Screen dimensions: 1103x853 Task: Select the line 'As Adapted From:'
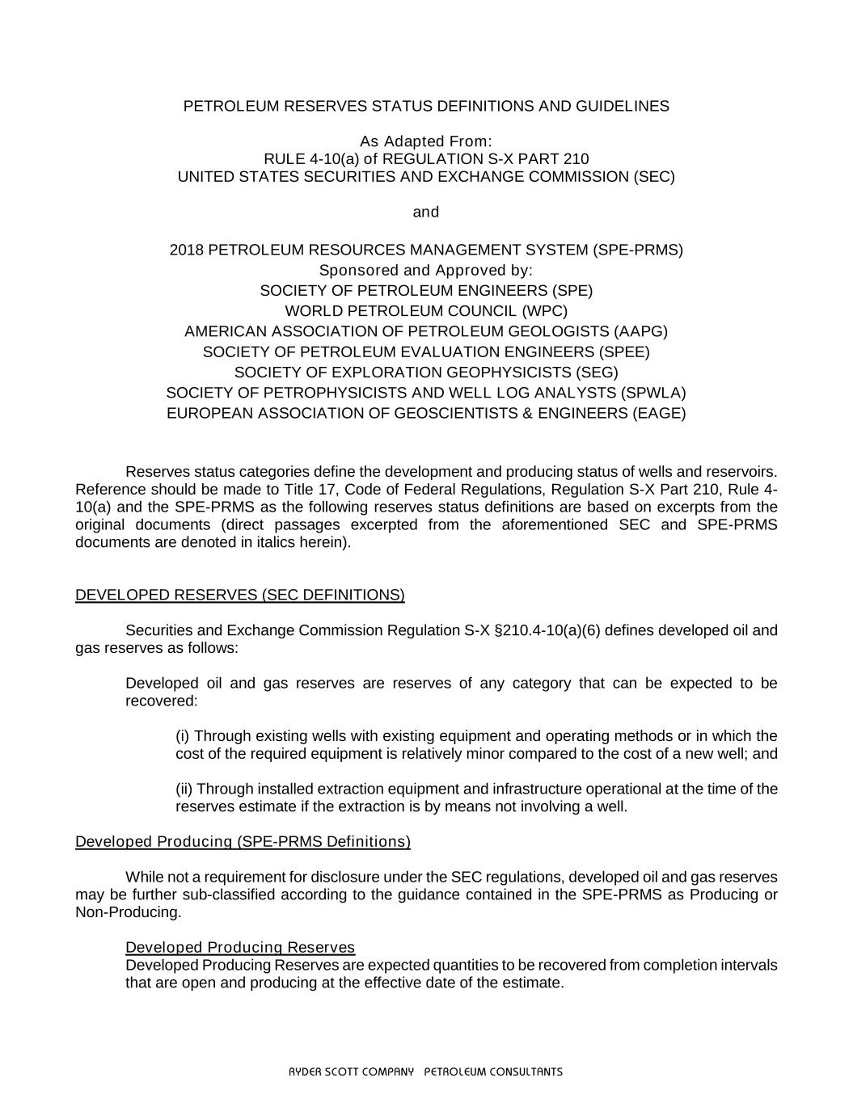pos(426,141)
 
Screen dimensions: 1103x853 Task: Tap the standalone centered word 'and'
pos(426,212)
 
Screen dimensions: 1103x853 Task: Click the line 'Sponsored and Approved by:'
pos(426,270)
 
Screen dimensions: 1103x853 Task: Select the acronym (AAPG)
pos(640,331)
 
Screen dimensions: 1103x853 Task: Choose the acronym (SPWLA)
pos(652,393)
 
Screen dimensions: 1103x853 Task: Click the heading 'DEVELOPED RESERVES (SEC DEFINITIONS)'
pos(240,596)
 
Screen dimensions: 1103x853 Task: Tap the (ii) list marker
pos(184,789)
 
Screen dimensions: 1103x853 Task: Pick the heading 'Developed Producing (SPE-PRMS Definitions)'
pos(243,842)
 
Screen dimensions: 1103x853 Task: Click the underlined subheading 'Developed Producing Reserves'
pos(240,947)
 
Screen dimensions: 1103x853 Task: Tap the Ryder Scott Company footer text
pos(426,1072)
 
